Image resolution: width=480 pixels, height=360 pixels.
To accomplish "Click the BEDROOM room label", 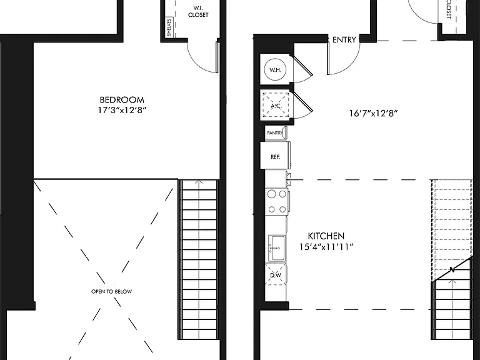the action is [x=122, y=100].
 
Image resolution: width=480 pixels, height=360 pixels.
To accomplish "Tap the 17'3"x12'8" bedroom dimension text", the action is [x=122, y=110].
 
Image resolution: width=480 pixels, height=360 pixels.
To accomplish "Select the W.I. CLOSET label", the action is [x=198, y=11].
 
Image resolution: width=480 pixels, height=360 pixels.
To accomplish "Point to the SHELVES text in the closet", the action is [x=169, y=27].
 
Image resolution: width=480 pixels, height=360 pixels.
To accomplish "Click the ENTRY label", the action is [x=344, y=40].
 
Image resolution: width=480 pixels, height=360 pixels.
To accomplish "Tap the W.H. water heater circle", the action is [x=275, y=69].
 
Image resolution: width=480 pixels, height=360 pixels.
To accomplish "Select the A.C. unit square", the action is [x=276, y=106].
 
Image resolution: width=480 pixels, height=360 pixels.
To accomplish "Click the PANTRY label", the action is [x=275, y=133].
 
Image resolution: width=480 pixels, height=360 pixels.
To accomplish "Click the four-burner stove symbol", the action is [x=277, y=201].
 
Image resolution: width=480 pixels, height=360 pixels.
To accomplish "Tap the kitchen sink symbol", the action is [x=277, y=248].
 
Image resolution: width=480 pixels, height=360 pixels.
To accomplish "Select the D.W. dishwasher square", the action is [x=276, y=275].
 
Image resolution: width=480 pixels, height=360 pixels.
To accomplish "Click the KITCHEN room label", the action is [x=326, y=236].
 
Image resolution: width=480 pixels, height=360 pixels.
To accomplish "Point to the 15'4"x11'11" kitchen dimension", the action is [x=326, y=247].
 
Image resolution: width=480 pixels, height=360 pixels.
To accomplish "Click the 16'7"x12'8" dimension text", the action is [x=373, y=114].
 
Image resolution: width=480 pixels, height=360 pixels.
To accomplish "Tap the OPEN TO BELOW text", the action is [x=111, y=291].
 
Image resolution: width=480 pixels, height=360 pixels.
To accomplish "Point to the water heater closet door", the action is [x=302, y=65].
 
